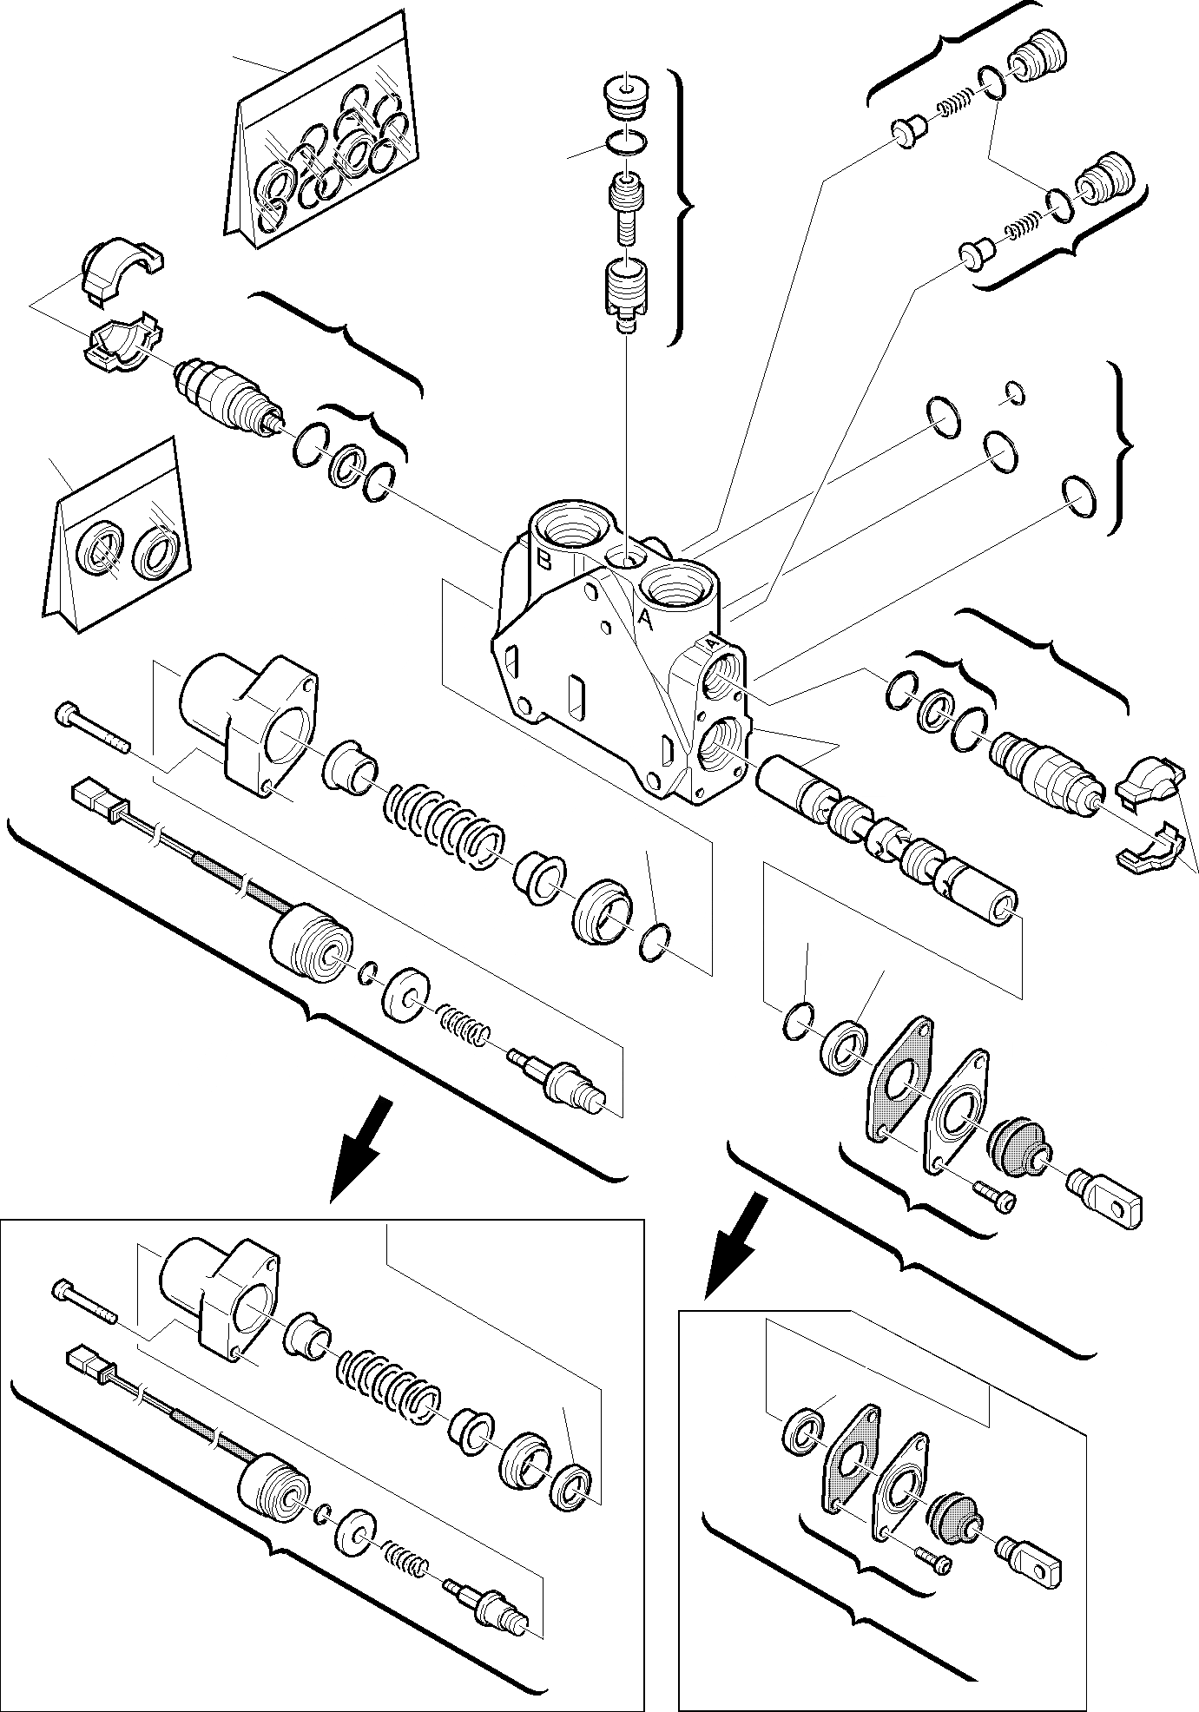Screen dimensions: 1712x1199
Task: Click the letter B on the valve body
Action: [544, 560]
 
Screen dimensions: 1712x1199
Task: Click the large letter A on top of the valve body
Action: [643, 617]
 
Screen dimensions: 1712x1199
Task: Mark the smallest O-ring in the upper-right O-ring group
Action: [1012, 393]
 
